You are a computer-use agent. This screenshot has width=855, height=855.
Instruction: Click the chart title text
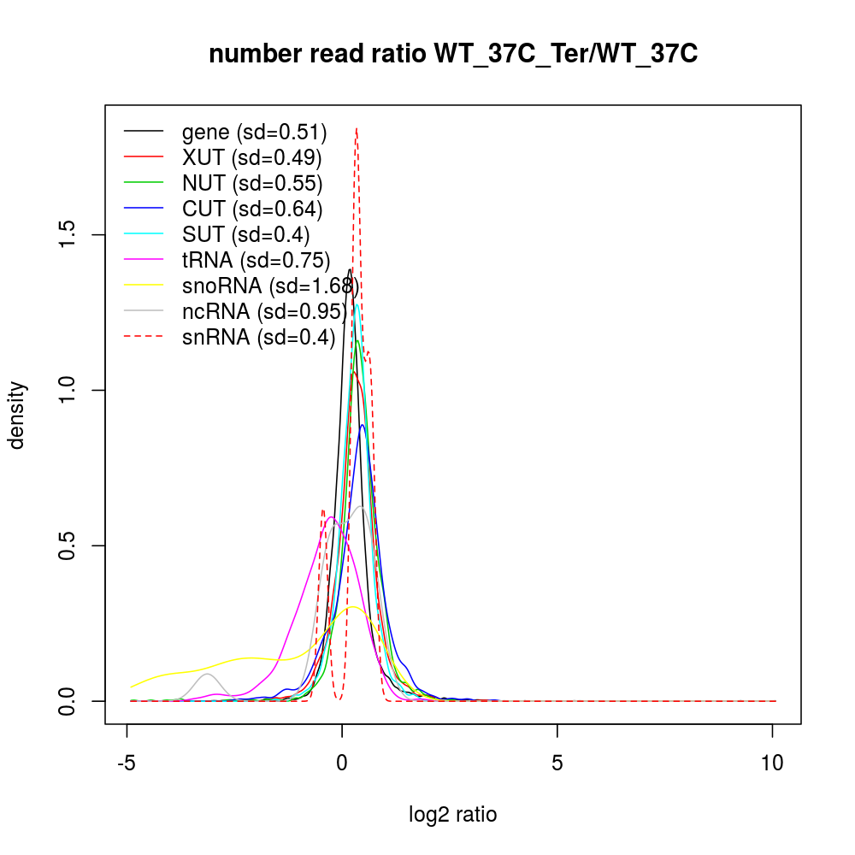[x=453, y=54]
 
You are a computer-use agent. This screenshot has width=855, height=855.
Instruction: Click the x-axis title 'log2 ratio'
[x=453, y=815]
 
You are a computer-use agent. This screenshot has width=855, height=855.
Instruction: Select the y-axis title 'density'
[x=17, y=415]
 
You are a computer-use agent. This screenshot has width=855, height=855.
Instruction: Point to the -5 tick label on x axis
[x=127, y=763]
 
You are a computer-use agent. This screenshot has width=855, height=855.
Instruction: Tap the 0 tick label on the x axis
[x=342, y=763]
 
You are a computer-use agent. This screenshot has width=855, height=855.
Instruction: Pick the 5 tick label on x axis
[x=557, y=763]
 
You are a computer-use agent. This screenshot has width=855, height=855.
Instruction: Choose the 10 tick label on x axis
[x=772, y=763]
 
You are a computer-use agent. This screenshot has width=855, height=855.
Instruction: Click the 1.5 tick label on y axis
[x=69, y=235]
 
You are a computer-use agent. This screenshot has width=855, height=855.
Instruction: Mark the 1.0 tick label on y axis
[x=69, y=391]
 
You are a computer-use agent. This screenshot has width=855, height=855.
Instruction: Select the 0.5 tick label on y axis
[x=69, y=545]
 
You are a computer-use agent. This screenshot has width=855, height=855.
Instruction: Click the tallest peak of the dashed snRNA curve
[x=356, y=129]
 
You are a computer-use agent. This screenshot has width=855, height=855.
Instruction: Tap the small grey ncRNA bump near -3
[x=207, y=675]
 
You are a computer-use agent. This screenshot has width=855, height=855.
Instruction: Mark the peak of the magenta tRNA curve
[x=330, y=517]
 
